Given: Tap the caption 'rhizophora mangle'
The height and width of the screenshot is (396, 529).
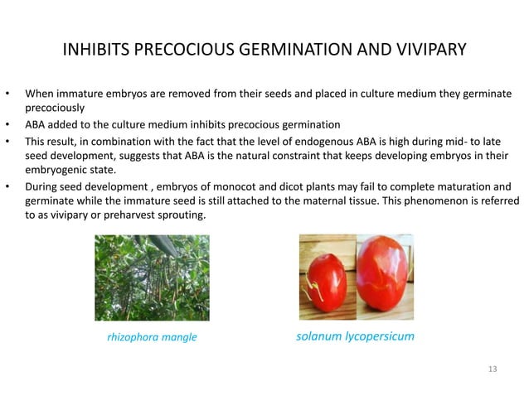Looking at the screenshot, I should [153, 337].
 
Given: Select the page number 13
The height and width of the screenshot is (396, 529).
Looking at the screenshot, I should [493, 368].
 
